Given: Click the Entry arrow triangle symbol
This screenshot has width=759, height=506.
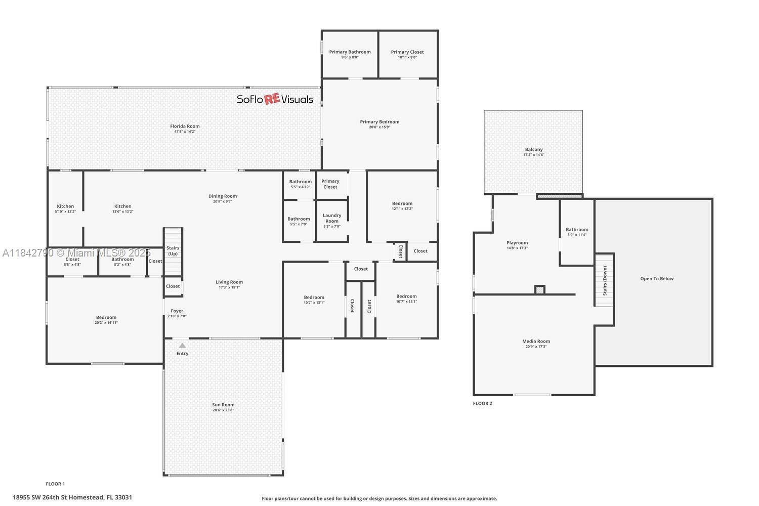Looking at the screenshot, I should pos(182,346).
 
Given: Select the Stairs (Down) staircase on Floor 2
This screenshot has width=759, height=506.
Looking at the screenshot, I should pos(604,280).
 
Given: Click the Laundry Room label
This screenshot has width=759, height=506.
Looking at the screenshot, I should pos(332,218).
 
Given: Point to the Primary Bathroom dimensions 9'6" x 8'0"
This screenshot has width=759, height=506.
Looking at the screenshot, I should pos(350,57).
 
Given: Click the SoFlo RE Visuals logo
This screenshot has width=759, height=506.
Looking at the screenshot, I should pos(275,99).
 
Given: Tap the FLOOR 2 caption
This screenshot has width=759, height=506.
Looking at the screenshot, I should pos(482,403).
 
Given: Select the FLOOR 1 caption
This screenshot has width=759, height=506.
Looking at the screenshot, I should pos(55,484).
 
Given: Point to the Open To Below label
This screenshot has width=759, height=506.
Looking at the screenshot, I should pos(657,279).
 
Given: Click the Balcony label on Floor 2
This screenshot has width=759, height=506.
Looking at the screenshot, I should pos(533,150).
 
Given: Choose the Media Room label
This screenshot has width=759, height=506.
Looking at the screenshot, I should pos(536,342).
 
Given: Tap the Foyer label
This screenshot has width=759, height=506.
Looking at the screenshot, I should pos(177,311).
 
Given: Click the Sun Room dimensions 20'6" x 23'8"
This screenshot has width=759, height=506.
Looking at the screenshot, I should pos(223,410).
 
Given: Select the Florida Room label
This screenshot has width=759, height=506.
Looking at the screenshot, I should pos(185,126).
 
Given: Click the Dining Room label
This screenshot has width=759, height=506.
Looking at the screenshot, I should pos(223,196).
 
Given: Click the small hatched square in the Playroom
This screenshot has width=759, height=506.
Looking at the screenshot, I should pos(540,290).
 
